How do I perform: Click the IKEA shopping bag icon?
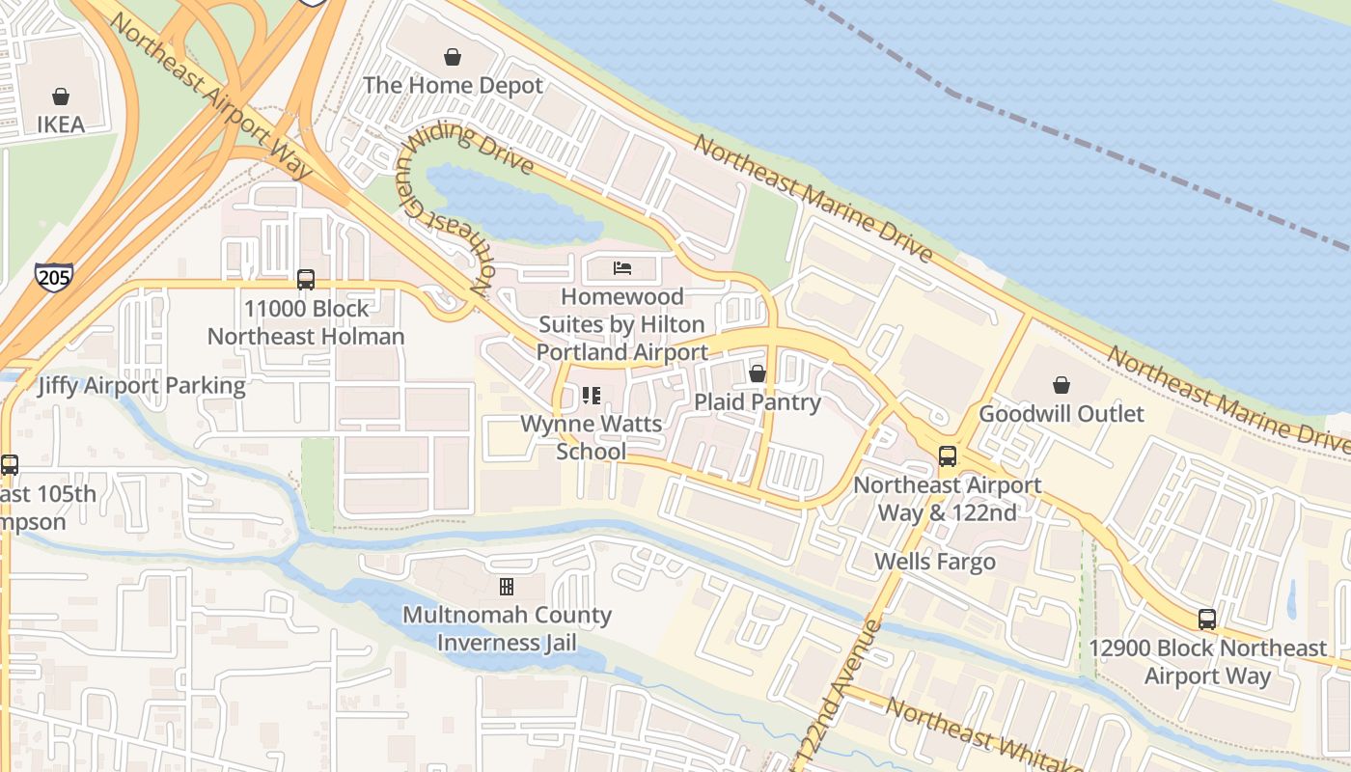tap(61, 96)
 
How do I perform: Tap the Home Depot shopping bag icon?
tap(452, 58)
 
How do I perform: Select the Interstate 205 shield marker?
tap(53, 278)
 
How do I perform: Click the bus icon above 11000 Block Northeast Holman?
tap(306, 280)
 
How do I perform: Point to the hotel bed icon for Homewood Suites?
tap(622, 267)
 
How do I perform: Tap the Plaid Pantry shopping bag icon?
tap(758, 373)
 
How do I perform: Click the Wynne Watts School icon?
tap(592, 396)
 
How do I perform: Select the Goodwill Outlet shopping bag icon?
tap(1061, 385)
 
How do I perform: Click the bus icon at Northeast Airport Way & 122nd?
tap(948, 456)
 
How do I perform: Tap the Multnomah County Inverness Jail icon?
tap(507, 586)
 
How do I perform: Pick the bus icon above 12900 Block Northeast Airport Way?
tap(1207, 620)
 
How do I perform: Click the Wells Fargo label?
tap(935, 562)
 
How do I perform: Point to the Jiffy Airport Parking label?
tap(142, 386)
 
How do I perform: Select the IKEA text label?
tap(61, 124)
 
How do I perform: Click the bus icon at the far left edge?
tap(10, 465)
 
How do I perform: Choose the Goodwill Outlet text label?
tap(1061, 414)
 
